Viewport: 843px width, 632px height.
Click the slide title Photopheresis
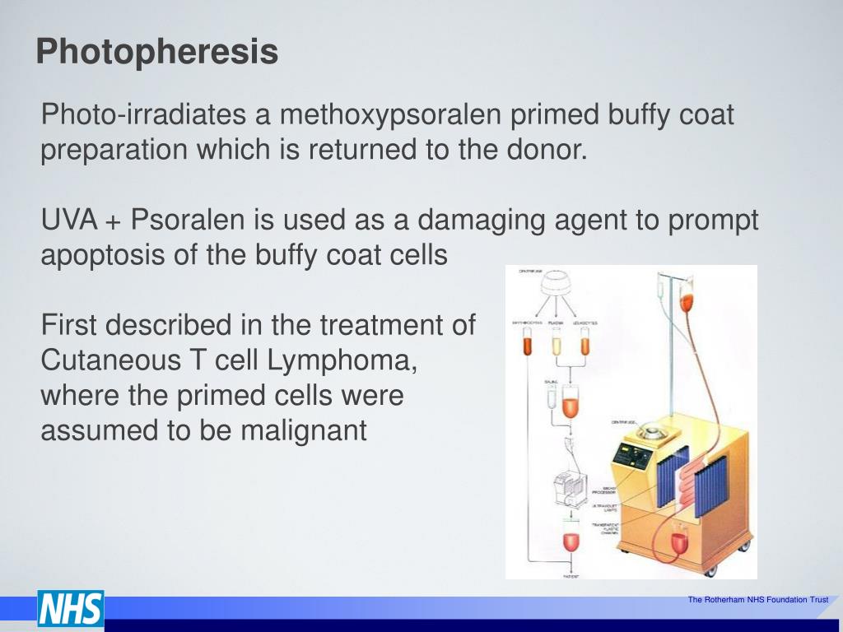(x=156, y=53)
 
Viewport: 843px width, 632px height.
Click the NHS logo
(x=70, y=610)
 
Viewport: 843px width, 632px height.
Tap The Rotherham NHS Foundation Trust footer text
(x=757, y=600)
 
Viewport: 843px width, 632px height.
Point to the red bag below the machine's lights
(x=678, y=541)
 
